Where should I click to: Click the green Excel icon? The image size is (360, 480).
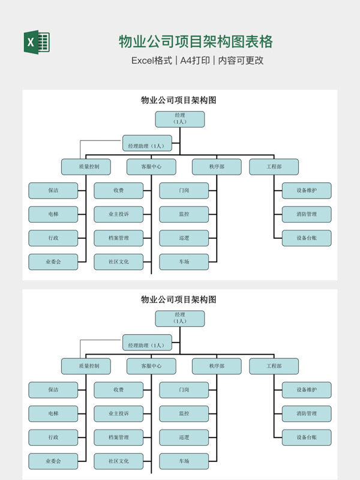37,42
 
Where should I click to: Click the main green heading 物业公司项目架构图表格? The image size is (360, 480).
196,41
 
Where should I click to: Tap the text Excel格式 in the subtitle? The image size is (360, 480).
151,61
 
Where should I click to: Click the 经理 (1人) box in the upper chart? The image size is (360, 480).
179,119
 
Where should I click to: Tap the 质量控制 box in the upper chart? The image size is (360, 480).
85,167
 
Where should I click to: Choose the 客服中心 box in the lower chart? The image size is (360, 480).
151,366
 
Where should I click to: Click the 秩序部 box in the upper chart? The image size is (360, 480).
217,167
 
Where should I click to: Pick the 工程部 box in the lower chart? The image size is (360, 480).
274,366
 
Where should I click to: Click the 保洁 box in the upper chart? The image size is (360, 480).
53,191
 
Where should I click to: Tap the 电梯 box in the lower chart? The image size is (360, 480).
53,413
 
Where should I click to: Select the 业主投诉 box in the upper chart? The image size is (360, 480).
119,214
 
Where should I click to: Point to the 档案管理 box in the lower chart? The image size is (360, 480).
119,437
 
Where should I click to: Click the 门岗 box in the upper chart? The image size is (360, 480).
184,191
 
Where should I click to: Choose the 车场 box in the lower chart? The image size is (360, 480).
184,461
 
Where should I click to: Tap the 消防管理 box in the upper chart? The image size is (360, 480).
306,214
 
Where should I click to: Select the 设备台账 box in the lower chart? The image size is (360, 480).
306,437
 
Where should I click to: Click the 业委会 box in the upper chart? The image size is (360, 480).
53,262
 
